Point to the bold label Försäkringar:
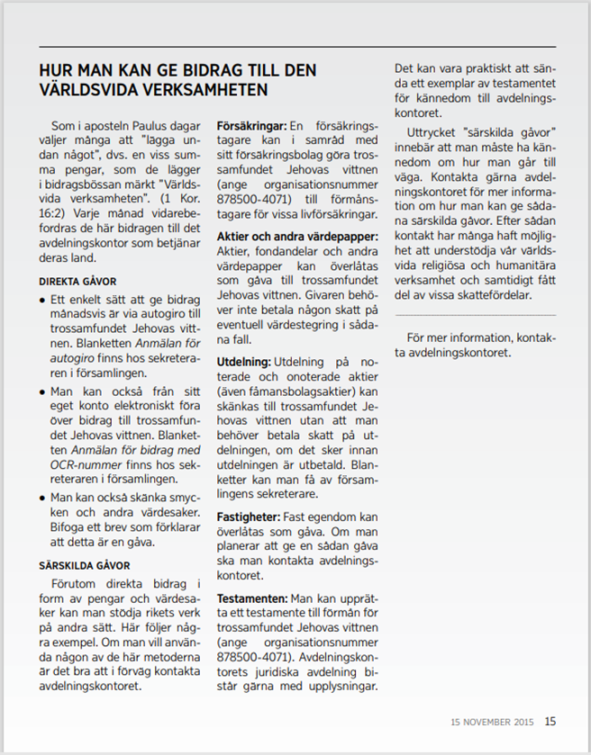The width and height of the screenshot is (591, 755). (251, 126)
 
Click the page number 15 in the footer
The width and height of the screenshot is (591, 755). (550, 721)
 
